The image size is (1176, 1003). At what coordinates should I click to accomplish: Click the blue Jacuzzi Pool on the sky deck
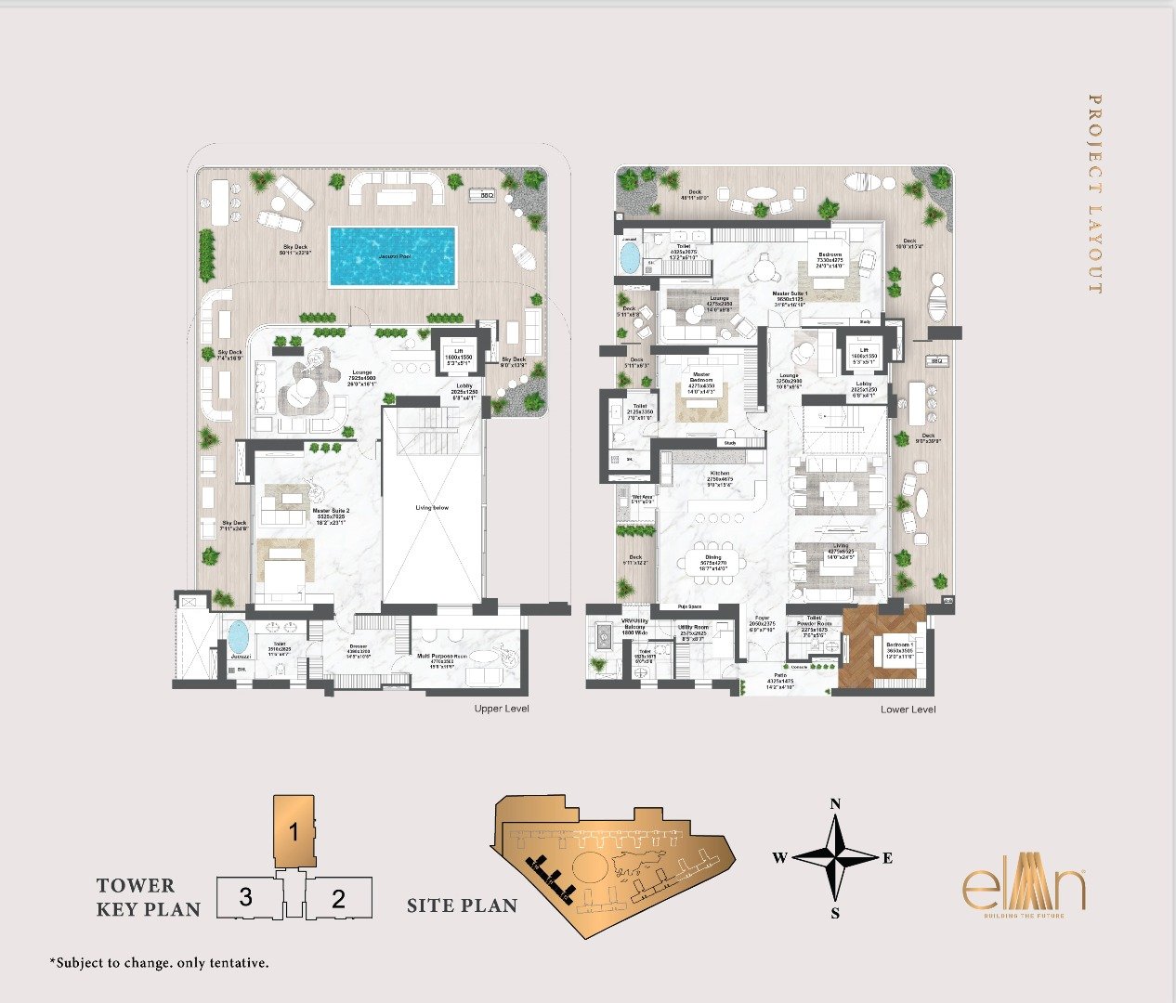click(393, 256)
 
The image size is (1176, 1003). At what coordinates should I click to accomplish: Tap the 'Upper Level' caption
click(502, 709)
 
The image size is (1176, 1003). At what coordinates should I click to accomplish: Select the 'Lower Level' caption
click(908, 710)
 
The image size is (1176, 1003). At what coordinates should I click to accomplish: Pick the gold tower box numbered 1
click(294, 832)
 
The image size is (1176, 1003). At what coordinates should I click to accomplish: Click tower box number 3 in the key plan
click(246, 897)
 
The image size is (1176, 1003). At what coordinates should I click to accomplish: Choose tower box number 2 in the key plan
click(338, 897)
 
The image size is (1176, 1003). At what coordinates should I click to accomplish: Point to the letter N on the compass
click(835, 804)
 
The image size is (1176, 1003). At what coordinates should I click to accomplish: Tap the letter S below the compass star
click(835, 914)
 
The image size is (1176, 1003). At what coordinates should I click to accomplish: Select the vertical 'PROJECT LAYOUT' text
click(1094, 194)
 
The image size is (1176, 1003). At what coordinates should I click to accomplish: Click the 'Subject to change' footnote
click(159, 963)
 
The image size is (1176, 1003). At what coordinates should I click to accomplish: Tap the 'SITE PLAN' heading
click(462, 905)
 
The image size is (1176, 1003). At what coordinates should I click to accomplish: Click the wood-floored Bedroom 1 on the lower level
click(882, 647)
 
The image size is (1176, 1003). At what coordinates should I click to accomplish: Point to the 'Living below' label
click(432, 508)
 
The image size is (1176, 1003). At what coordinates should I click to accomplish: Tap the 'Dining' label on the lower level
click(712, 558)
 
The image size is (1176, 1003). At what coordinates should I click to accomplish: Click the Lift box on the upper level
click(458, 354)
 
